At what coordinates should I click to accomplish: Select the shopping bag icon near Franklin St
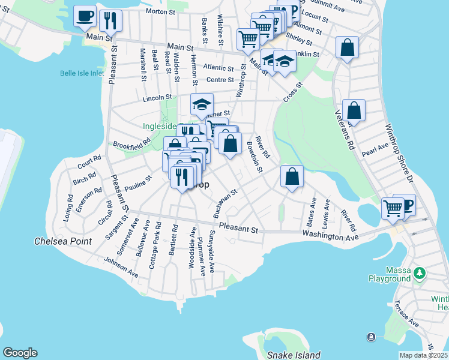347,47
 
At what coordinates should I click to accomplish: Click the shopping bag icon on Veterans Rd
354,110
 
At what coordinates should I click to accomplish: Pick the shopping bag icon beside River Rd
292,176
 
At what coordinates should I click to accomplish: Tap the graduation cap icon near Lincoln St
202,104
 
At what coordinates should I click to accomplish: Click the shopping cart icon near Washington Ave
393,208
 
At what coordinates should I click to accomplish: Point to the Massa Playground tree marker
420,274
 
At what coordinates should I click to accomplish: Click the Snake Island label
294,355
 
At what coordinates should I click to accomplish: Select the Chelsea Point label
62,241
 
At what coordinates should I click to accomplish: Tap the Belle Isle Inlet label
82,73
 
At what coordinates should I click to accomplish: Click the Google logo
19,353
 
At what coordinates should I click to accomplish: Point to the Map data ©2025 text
423,355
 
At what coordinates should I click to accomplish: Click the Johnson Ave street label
121,268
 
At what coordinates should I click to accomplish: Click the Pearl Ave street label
375,149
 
